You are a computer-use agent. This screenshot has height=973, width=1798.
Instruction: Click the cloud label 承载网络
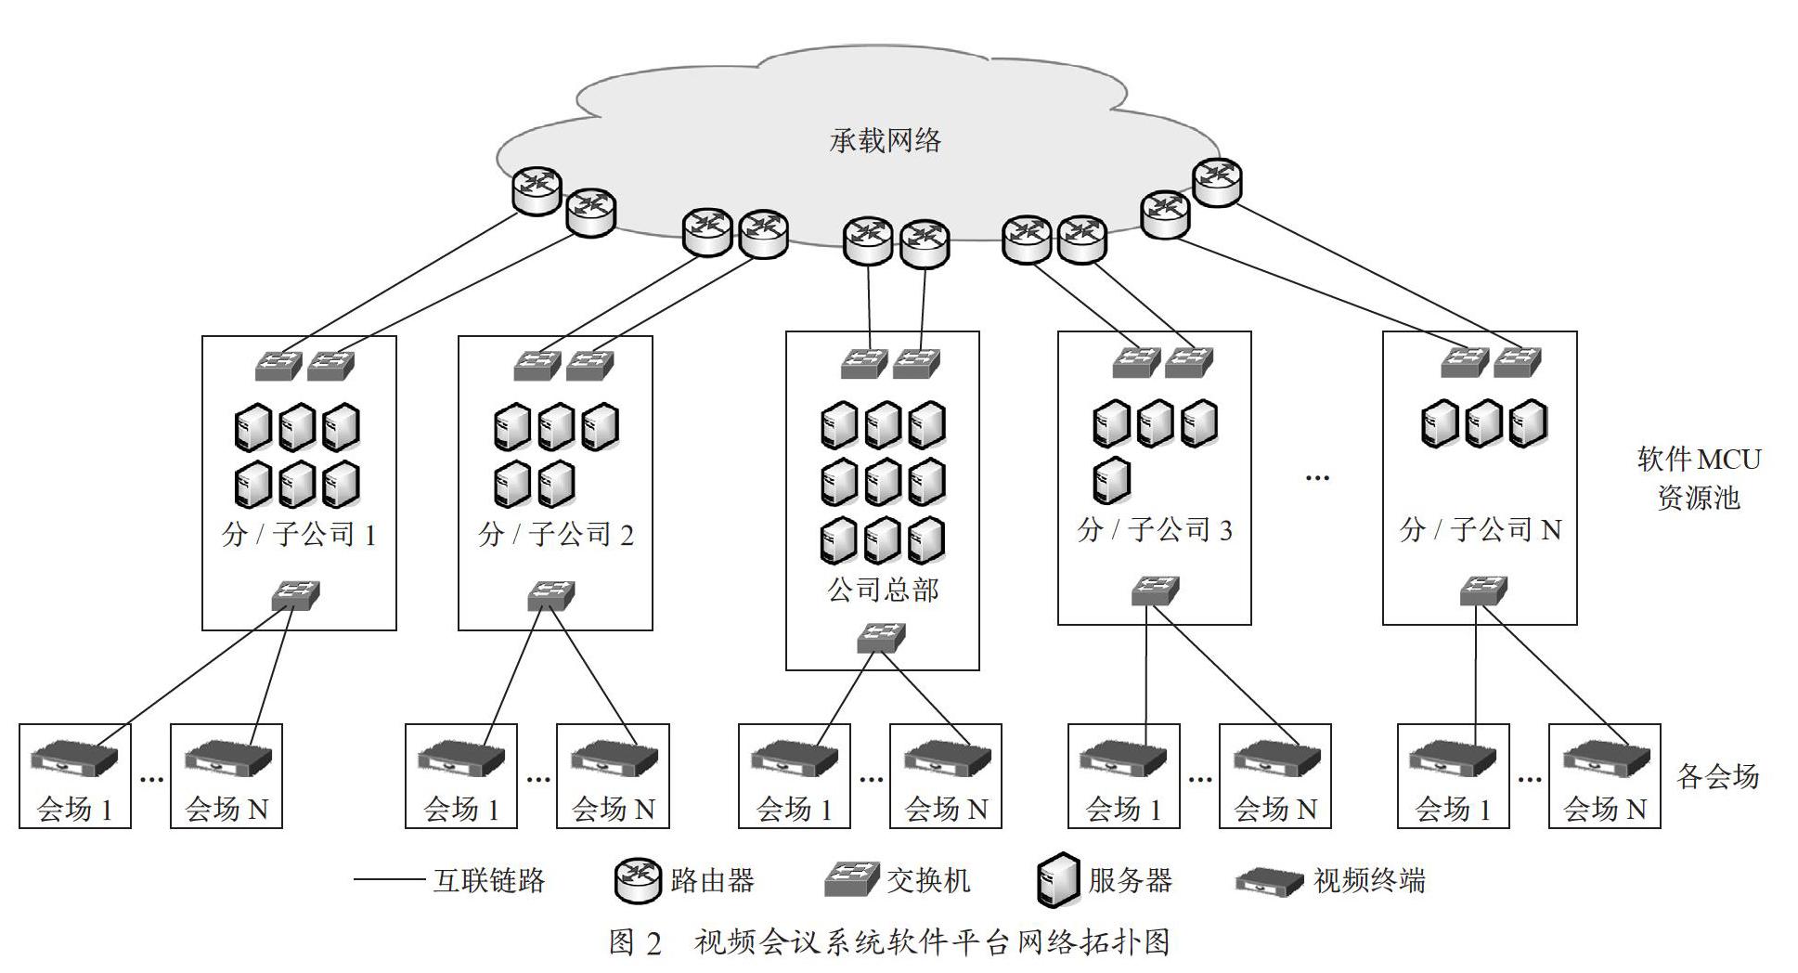click(x=885, y=140)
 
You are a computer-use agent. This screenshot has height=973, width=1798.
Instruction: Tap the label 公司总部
click(x=883, y=590)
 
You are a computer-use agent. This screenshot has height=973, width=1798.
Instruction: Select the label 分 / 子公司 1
click(x=299, y=534)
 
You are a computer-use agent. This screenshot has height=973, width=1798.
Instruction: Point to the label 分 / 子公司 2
click(x=555, y=534)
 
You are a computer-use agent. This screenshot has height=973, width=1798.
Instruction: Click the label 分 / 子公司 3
click(x=1155, y=529)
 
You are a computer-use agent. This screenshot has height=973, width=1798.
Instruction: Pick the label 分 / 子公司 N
click(x=1480, y=529)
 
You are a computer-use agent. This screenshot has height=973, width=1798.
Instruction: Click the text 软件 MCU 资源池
click(x=1699, y=478)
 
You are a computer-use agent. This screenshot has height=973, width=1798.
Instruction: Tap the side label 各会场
click(x=1717, y=775)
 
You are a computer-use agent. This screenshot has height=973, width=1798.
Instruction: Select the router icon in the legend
click(x=639, y=879)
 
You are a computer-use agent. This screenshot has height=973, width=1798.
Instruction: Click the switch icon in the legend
click(x=851, y=878)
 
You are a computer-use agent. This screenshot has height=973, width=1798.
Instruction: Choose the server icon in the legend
click(x=1057, y=879)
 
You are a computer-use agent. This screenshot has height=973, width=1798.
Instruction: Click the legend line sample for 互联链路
click(x=389, y=880)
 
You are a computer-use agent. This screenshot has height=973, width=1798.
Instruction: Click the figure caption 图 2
click(x=636, y=942)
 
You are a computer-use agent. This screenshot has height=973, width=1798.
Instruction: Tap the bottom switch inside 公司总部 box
click(x=880, y=637)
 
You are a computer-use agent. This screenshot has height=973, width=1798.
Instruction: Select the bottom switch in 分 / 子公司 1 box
click(x=295, y=595)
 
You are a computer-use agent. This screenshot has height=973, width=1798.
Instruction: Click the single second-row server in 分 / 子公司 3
click(x=1111, y=481)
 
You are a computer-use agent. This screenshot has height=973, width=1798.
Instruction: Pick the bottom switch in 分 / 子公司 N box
click(x=1482, y=590)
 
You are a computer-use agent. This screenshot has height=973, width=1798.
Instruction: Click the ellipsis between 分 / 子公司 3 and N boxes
click(x=1317, y=477)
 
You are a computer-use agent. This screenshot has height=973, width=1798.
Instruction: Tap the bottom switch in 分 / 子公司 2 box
click(x=550, y=595)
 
